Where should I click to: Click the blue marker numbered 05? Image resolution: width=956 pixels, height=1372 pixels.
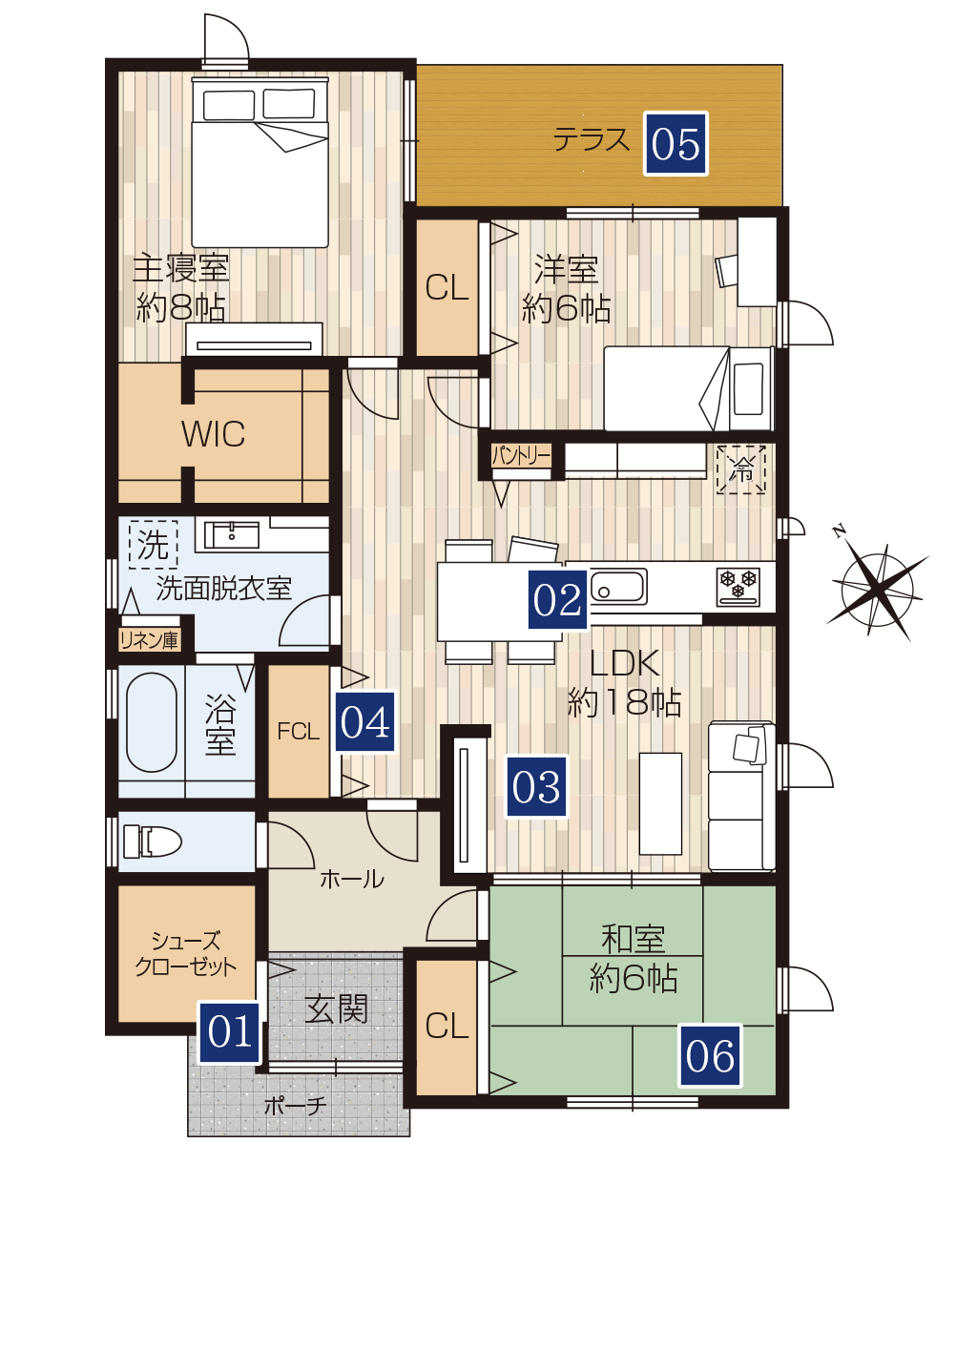tap(675, 143)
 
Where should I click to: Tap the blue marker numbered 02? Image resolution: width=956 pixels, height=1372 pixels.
tap(557, 599)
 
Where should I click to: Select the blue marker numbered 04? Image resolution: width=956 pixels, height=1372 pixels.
tap(364, 721)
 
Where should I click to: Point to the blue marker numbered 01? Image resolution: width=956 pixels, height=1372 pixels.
tap(230, 1032)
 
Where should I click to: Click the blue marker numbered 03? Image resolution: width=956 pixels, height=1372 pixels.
tap(536, 786)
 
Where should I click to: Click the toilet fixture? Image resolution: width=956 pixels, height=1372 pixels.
tap(152, 841)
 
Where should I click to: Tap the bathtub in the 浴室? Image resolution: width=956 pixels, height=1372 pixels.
tap(152, 723)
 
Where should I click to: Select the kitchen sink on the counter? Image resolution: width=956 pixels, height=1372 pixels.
tap(617, 587)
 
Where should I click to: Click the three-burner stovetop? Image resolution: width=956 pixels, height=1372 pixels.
tap(738, 586)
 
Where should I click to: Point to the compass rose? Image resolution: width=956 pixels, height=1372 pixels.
tap(877, 590)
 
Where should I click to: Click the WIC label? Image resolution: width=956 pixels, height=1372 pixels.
tap(213, 434)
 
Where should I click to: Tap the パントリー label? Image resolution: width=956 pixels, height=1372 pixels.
tap(521, 456)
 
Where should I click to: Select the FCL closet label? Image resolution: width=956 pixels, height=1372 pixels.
tap(299, 732)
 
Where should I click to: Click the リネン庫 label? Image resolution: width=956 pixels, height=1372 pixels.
tap(149, 640)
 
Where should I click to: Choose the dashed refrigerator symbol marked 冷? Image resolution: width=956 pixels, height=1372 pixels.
tap(741, 469)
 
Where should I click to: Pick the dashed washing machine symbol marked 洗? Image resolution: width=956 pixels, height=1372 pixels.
tap(153, 544)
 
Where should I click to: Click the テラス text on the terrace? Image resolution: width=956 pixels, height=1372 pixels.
tap(591, 140)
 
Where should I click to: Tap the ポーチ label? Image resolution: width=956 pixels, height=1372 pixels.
tap(295, 1106)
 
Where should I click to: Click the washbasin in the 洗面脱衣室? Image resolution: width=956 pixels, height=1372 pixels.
tap(232, 535)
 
